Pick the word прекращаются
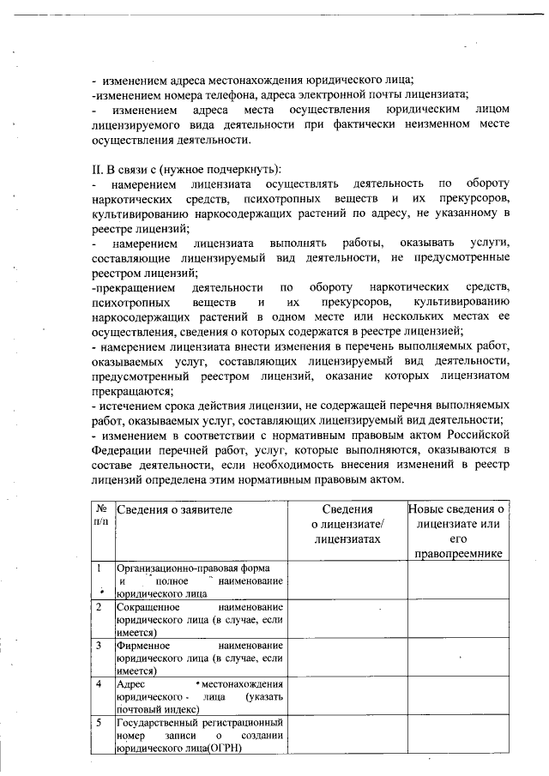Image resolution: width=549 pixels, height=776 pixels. (x=134, y=389)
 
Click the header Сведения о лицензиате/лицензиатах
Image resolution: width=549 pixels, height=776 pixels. (x=347, y=523)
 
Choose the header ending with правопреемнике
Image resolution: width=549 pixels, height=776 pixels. (x=457, y=554)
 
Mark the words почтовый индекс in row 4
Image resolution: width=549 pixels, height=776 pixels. (x=157, y=709)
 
